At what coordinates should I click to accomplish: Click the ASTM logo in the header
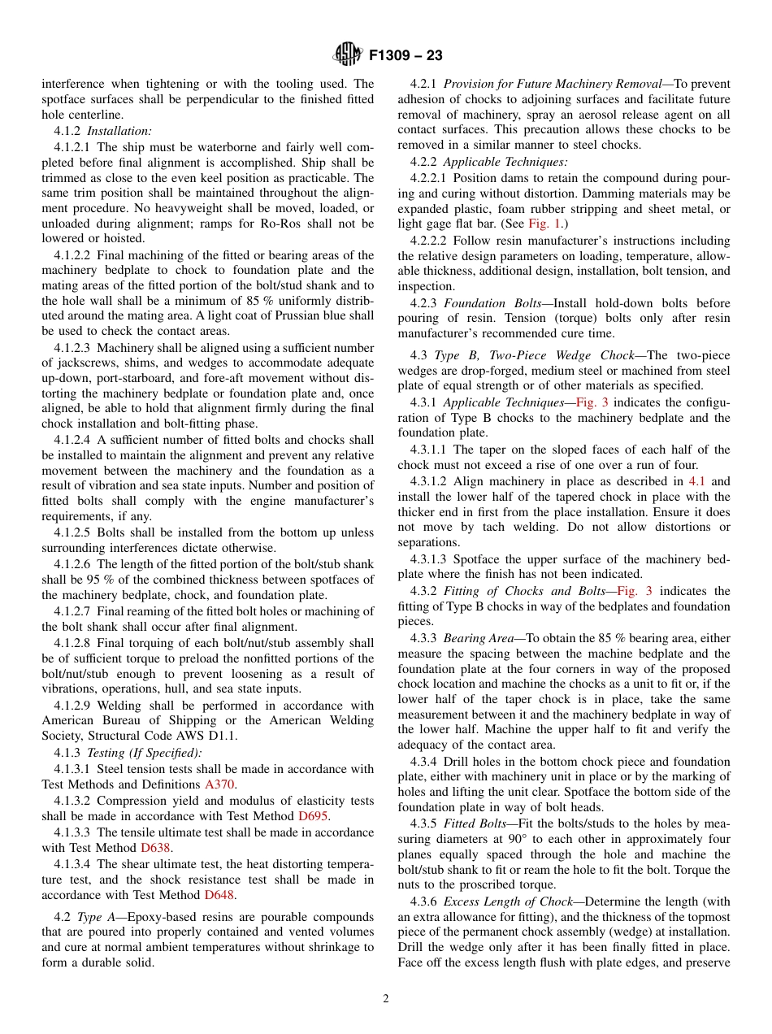[348, 56]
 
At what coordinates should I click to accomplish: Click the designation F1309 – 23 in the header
[406, 57]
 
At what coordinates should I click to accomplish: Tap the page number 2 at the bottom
[386, 999]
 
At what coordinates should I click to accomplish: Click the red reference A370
[219, 784]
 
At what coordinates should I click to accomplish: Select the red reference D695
[313, 815]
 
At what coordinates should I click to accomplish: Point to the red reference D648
[219, 895]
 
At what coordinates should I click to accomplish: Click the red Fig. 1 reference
[544, 223]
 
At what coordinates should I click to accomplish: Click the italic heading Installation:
[119, 130]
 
